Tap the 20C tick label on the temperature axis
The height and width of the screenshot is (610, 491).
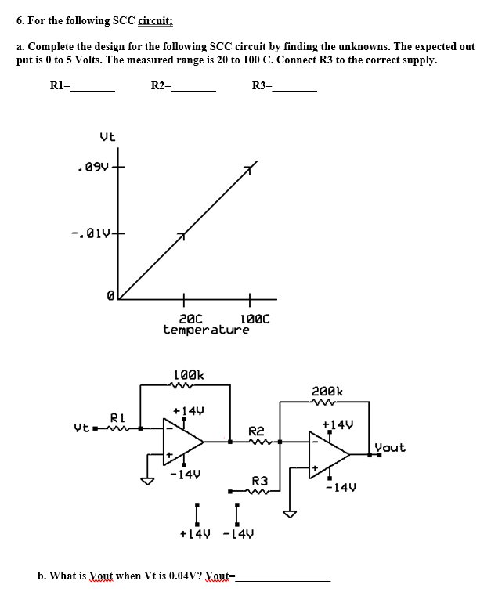point(190,319)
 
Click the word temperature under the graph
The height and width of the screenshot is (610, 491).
point(205,330)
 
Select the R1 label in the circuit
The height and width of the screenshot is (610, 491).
point(117,417)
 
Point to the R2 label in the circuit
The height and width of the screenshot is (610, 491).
point(257,431)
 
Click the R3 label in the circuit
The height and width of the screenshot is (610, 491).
point(261,480)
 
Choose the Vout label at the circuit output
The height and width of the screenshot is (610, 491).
point(390,448)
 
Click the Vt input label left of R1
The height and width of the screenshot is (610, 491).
point(81,428)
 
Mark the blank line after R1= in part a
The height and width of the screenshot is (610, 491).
point(93,91)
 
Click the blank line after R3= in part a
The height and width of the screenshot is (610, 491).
point(294,91)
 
